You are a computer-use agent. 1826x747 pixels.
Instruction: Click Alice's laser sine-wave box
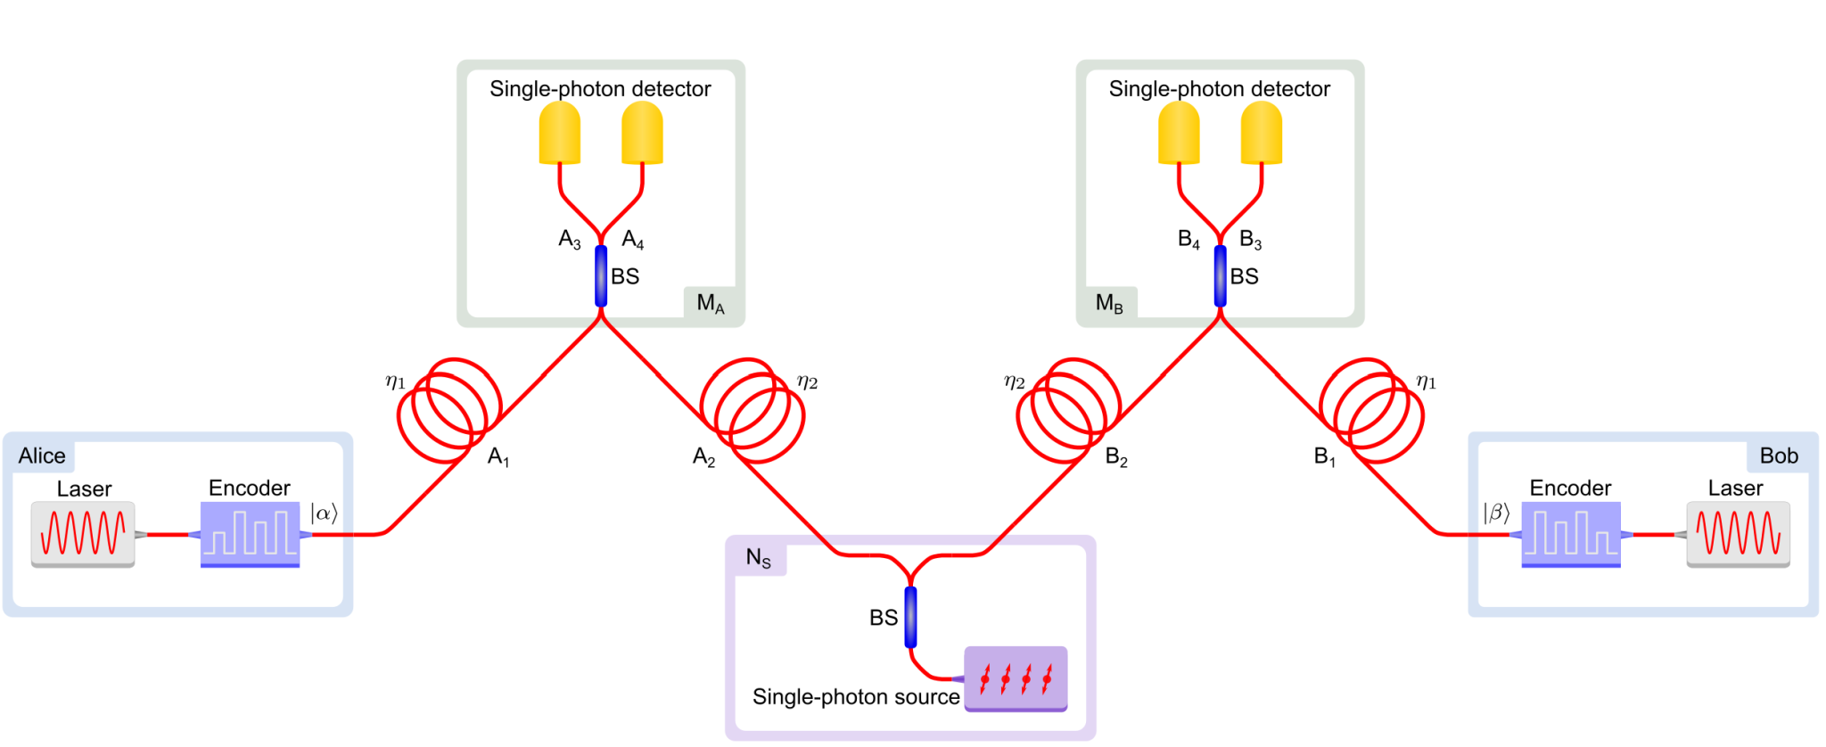(83, 533)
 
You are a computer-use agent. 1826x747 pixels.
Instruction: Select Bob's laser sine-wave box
(1738, 533)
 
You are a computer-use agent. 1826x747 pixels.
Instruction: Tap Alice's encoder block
(250, 533)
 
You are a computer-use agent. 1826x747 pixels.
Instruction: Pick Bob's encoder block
(1570, 533)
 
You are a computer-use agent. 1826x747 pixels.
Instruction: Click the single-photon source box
(1016, 678)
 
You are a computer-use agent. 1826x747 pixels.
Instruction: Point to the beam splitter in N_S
(910, 617)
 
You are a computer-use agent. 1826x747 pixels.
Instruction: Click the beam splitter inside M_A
(601, 276)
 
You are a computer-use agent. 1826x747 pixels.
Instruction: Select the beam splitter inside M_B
(1220, 276)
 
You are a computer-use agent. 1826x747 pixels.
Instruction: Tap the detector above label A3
(560, 133)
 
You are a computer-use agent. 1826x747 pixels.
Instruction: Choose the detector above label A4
(642, 133)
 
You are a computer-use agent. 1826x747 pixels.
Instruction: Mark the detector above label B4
(1179, 133)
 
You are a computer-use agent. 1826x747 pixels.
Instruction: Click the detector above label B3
(1261, 133)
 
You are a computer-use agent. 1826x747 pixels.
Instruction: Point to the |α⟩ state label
(324, 513)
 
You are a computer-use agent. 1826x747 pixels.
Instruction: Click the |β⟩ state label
(1496, 513)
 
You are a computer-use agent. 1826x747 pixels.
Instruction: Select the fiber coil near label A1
(449, 410)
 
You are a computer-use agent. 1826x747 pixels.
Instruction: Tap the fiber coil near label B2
(1068, 410)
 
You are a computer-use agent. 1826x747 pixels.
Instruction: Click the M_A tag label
(711, 304)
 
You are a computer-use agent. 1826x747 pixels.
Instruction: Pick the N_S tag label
(758, 559)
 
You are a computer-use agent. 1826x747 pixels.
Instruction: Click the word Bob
(1779, 456)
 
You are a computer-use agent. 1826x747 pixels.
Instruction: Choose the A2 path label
(703, 458)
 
